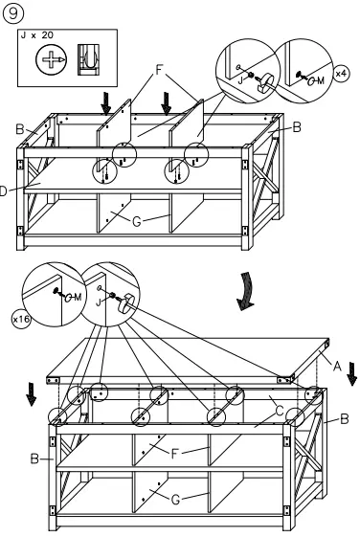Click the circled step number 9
point(13,13)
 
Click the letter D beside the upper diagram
point(5,190)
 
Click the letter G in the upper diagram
point(138,222)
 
